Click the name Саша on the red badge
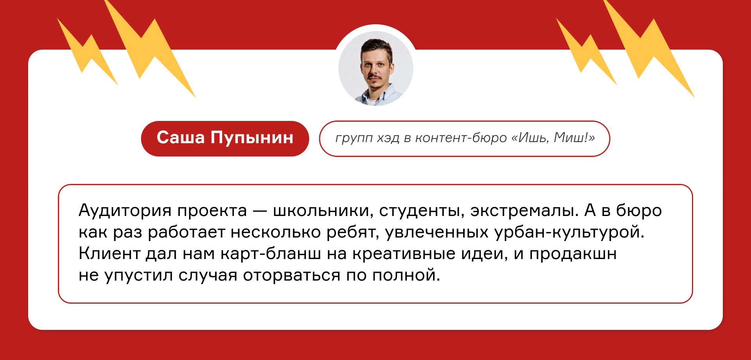(x=181, y=138)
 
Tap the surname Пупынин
(x=252, y=138)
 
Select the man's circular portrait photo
(x=376, y=68)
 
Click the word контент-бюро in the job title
(x=461, y=138)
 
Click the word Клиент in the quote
(x=110, y=254)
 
